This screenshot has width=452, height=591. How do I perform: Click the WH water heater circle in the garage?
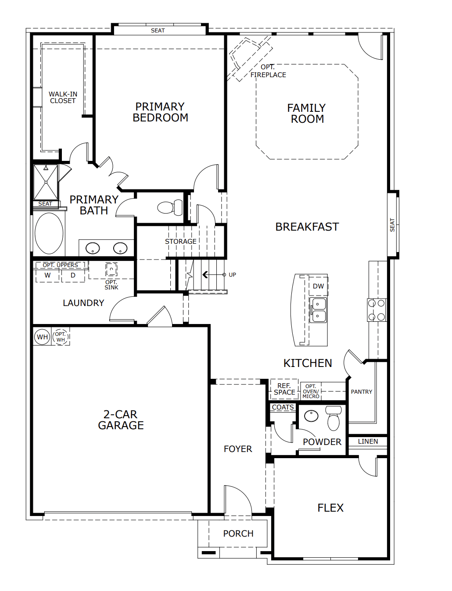42,337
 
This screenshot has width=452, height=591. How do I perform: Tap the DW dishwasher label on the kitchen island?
318,286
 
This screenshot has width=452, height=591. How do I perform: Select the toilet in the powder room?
334,418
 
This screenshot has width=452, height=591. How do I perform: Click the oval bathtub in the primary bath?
49,233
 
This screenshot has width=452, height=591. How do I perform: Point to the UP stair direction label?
232,274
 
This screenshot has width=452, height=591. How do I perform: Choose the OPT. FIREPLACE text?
268,71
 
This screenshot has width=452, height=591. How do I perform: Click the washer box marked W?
47,275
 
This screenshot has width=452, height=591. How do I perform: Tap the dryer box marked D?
73,275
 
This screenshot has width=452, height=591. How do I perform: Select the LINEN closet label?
368,441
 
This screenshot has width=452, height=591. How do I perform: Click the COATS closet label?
283,407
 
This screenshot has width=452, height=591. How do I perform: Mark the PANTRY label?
362,392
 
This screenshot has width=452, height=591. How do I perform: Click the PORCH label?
238,534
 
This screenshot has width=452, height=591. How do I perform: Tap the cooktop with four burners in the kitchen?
377,310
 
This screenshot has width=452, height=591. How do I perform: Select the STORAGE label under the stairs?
181,242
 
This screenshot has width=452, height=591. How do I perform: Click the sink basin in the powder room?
312,416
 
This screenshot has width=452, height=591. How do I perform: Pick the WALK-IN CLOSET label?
63,97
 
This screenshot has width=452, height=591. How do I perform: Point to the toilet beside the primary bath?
170,207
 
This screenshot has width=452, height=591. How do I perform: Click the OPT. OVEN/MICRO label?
311,391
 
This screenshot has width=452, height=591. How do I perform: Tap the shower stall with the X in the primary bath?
46,182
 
